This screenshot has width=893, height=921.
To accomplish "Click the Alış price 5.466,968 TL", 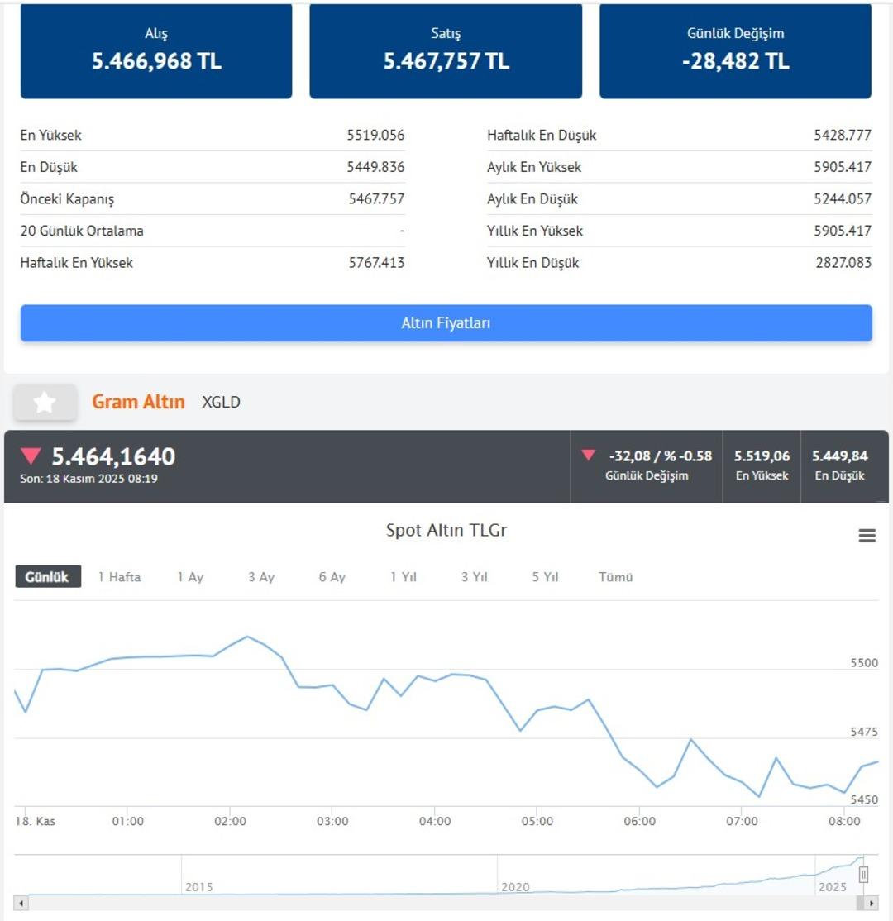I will (156, 62).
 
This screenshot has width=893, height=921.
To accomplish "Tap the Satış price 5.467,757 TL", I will (446, 62).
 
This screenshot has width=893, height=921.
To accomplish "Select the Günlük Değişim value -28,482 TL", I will (735, 62).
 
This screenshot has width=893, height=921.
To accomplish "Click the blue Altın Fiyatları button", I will (446, 323).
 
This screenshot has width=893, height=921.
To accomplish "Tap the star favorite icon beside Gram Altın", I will (45, 403).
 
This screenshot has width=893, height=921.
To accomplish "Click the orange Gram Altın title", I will (138, 403).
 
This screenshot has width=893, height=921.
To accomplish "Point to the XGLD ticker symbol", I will (221, 403).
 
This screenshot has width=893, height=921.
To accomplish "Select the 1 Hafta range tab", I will (119, 577).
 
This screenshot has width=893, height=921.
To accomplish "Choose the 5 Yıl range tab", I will (545, 577).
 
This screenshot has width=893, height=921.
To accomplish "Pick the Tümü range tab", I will (615, 577).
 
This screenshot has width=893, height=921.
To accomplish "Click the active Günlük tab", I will (48, 577).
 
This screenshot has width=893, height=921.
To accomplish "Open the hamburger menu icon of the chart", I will (867, 536).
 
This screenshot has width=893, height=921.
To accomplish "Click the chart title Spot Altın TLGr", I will (446, 531).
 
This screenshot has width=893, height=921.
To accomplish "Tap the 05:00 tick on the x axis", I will (537, 822).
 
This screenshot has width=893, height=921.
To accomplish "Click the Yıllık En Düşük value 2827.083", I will (843, 263).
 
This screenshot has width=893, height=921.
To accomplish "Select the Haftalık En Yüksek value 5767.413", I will (376, 263).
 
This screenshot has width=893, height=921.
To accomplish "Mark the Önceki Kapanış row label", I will (67, 199).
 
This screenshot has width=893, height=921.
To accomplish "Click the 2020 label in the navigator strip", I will (514, 887).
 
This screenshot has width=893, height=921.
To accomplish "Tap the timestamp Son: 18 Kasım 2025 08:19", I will (88, 479).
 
